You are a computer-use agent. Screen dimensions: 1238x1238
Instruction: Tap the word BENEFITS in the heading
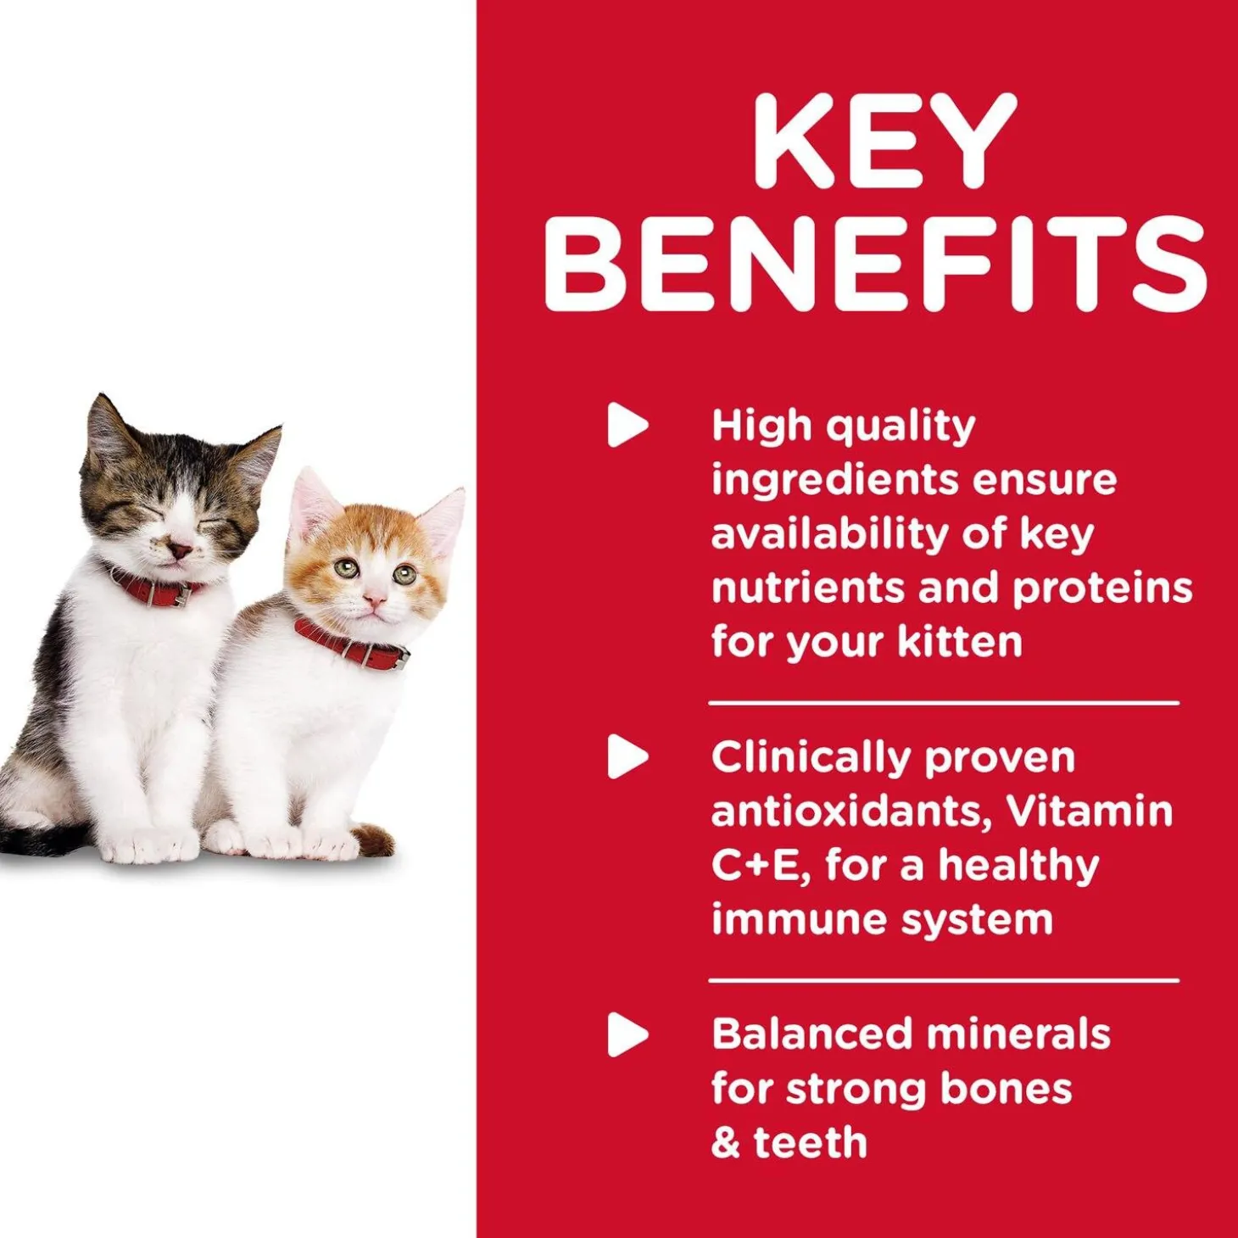coord(875,263)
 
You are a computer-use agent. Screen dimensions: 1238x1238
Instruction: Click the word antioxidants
coord(850,811)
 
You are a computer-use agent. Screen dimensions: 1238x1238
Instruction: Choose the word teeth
coord(811,1143)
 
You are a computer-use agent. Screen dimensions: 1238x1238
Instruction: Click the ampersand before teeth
coord(725,1143)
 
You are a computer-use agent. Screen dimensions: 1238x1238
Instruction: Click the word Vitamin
coord(1090,811)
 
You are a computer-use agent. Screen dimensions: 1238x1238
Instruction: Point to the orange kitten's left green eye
coord(346,568)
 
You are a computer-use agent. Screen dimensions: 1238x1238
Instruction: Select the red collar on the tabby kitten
coord(153,588)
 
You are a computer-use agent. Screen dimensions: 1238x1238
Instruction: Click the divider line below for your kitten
coord(944,703)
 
